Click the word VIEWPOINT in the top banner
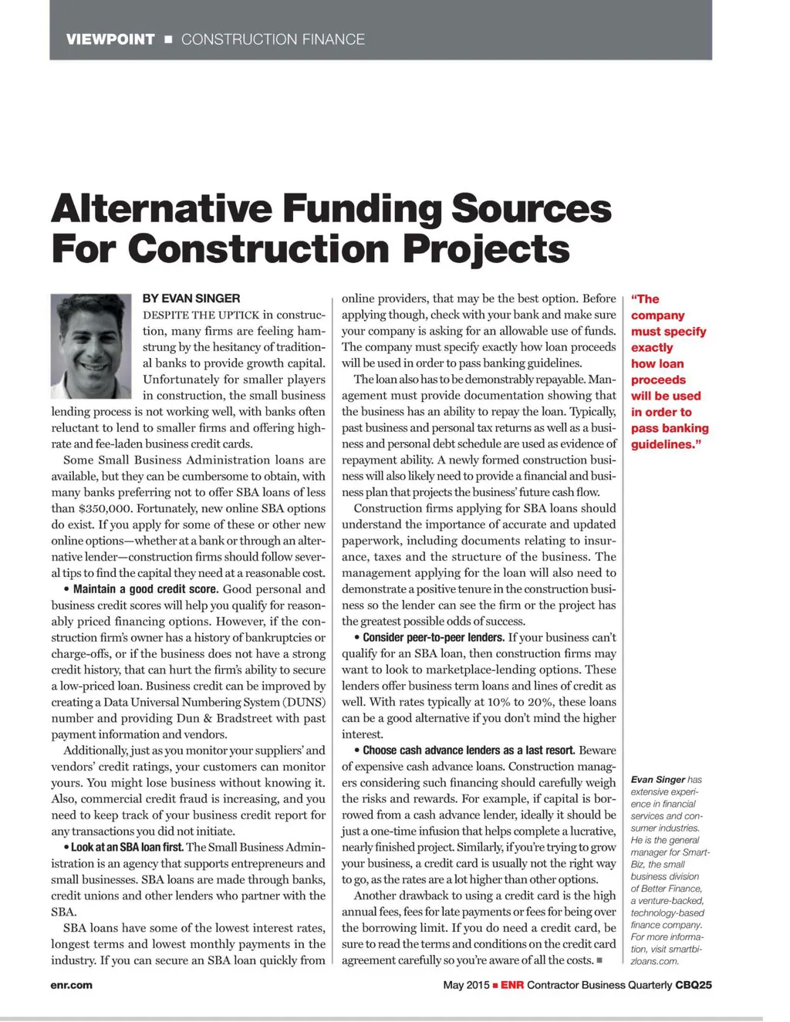coord(110,39)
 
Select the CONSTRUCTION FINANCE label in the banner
coord(272,39)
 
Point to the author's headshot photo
coord(91,346)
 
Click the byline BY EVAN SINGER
coord(191,299)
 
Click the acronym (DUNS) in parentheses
coord(305,702)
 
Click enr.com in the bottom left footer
coord(72,985)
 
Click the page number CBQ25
coord(694,985)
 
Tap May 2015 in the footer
coord(466,985)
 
